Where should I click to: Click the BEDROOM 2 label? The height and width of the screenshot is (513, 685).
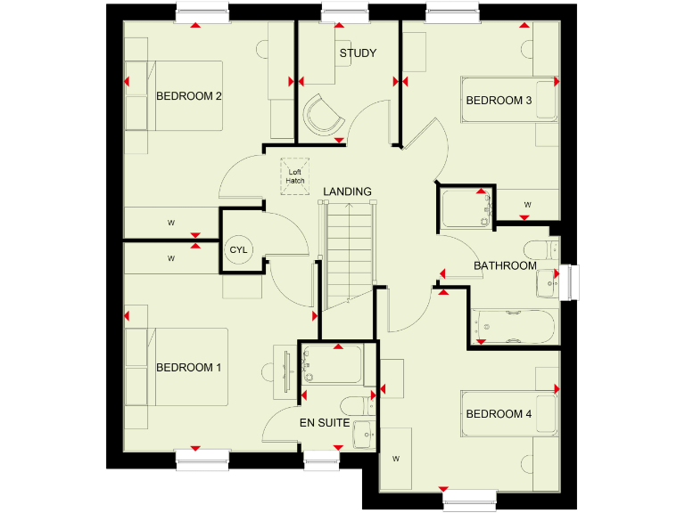(188, 96)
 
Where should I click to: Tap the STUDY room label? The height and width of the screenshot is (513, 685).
(357, 53)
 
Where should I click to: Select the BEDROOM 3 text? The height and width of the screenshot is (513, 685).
(499, 101)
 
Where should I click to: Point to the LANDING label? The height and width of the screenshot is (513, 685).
(347, 191)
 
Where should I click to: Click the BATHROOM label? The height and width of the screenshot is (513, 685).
(505, 265)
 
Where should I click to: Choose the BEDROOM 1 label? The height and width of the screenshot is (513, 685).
(188, 367)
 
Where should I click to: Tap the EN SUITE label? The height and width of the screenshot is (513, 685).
(324, 423)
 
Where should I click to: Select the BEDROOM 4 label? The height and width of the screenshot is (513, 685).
(499, 414)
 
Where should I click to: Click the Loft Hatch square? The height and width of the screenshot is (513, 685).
(295, 175)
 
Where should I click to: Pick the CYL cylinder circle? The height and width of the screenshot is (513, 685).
(238, 250)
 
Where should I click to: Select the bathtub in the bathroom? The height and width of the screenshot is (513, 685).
(514, 329)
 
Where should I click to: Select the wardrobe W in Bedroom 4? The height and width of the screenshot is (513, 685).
(396, 459)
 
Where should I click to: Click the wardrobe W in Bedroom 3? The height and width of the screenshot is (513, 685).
(527, 205)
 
